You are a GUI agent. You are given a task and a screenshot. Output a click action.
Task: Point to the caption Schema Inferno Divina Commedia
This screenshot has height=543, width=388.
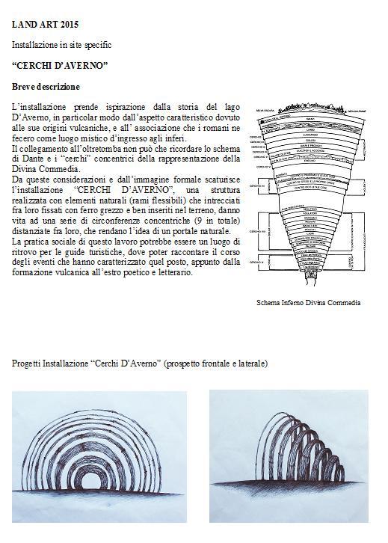tap(309, 303)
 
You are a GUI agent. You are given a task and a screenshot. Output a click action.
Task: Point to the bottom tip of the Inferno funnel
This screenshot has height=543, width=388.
tap(307, 289)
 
